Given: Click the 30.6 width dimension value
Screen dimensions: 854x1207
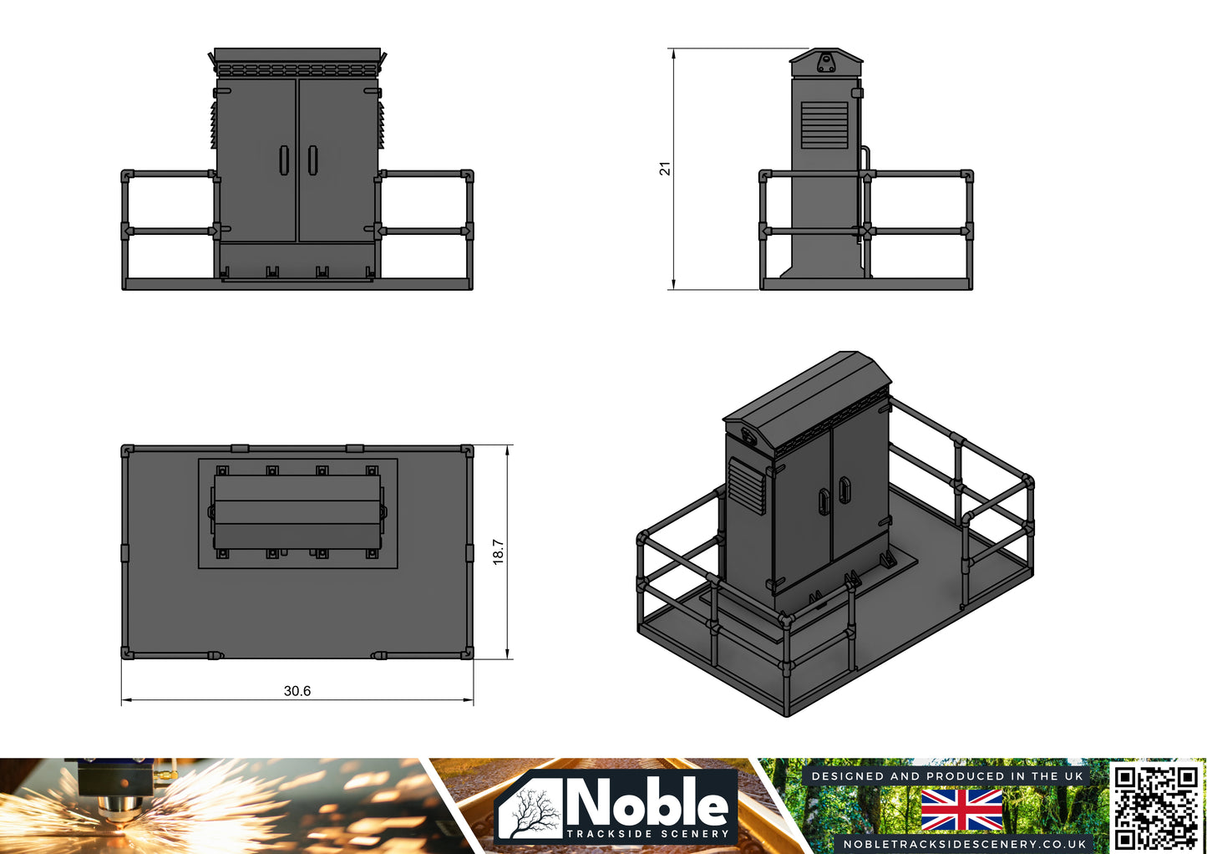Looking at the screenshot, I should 297,690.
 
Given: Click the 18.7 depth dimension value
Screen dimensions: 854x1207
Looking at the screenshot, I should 498,552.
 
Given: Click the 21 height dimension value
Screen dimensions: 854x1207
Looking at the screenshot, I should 665,169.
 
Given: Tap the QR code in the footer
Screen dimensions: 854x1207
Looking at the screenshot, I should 1156,806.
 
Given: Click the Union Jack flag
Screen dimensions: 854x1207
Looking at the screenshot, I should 961,810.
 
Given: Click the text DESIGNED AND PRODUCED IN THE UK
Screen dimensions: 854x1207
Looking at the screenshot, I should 946,776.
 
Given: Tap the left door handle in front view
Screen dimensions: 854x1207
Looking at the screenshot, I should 284,160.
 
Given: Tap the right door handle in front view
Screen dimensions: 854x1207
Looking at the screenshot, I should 312,160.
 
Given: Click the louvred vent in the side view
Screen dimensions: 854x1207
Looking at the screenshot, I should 824,125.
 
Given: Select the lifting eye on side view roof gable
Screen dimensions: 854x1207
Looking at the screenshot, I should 826,63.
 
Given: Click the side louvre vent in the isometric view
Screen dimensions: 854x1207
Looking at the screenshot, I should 747,485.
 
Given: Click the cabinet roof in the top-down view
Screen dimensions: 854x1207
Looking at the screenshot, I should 297,512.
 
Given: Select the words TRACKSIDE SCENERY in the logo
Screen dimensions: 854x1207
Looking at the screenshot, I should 647,833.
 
